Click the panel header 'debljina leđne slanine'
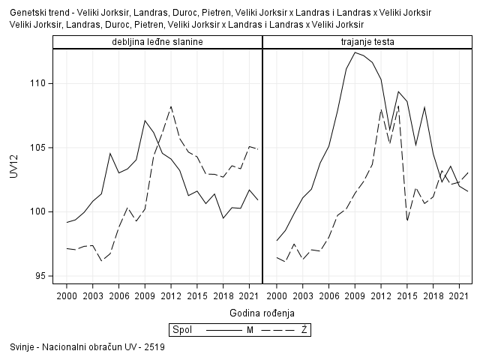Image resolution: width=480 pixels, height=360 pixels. click(x=157, y=42)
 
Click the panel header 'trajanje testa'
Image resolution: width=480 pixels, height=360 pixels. click(x=367, y=42)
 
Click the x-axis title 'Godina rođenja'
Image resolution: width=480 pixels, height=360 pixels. click(x=262, y=312)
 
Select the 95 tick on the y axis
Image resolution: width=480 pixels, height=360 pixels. click(x=40, y=276)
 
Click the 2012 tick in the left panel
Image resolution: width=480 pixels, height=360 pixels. click(x=171, y=295)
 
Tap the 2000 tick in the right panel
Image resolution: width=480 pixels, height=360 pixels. click(x=277, y=295)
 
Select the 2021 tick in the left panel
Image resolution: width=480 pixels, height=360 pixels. click(x=249, y=295)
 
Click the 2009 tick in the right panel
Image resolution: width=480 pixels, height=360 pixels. click(x=355, y=295)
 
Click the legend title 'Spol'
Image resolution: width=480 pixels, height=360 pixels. click(x=181, y=329)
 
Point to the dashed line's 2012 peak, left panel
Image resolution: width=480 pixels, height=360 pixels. click(x=171, y=106)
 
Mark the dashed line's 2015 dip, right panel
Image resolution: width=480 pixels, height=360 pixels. click(x=407, y=220)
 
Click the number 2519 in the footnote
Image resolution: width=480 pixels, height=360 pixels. click(x=155, y=348)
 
